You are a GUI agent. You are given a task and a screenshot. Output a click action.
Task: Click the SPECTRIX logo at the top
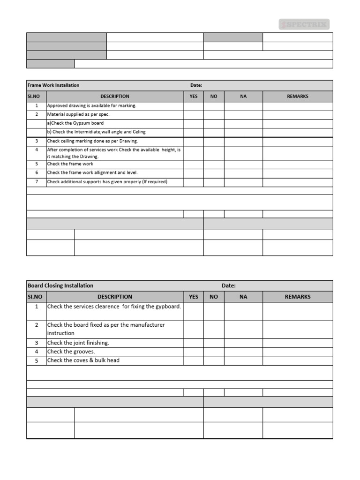304,24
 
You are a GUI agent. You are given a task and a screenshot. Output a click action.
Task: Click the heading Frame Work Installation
53,85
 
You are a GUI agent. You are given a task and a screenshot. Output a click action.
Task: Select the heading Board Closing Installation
60,285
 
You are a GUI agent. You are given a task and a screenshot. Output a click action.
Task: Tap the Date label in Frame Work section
196,85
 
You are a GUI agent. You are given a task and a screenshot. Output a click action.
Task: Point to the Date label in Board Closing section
228,285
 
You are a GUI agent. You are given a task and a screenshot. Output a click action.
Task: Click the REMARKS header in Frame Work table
298,96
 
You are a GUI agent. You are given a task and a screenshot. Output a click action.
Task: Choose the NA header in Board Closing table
243,297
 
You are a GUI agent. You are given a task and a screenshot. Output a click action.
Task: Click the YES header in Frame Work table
193,96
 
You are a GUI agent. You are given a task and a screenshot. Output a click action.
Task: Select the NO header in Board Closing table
214,297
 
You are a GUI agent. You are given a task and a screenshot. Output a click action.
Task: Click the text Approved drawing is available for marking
91,105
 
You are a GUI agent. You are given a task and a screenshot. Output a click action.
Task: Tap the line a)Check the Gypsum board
75,123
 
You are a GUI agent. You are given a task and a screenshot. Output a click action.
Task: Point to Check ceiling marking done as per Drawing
92,141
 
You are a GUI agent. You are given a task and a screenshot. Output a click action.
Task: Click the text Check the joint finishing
78,343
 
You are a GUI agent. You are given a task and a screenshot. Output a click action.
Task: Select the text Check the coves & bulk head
83,360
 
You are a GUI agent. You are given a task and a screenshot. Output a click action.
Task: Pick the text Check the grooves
71,352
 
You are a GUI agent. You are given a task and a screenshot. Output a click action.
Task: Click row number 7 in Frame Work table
37,182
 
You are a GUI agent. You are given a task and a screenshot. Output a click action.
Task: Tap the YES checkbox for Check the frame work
193,164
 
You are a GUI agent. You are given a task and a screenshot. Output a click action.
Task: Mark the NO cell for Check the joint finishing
214,343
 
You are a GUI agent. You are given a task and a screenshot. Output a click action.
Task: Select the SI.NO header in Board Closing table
35,297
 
